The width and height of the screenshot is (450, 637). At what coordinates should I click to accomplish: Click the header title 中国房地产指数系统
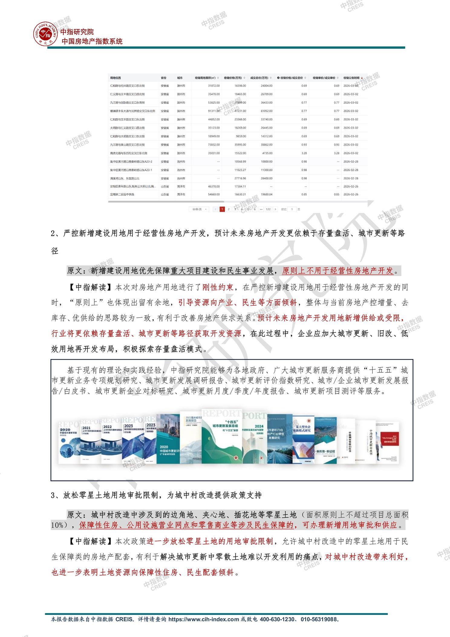pyautogui.click(x=92, y=41)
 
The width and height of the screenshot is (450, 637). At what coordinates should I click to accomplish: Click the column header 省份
pyautogui.click(x=164, y=78)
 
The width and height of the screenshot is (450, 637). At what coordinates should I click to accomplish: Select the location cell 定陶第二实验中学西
pyautogui.click(x=122, y=194)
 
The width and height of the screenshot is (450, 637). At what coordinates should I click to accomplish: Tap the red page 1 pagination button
pyautogui.click(x=222, y=209)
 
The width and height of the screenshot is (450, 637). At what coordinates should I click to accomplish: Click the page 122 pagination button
pyautogui.click(x=268, y=209)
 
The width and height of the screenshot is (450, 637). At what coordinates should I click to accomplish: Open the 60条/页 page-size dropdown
pyautogui.click(x=199, y=209)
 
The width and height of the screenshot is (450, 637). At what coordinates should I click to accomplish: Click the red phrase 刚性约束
pyautogui.click(x=217, y=287)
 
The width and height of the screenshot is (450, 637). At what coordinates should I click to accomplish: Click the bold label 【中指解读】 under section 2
pyautogui.click(x=83, y=287)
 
